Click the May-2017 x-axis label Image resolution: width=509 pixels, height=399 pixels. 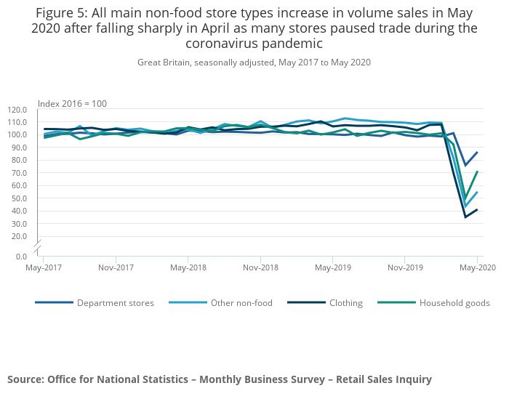pos(44,267)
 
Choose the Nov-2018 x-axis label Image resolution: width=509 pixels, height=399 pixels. pos(260,267)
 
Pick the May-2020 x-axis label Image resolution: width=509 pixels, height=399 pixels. pos(478,267)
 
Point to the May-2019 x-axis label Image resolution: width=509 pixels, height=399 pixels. pos(333,267)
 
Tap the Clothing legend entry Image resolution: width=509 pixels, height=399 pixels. pos(342,303)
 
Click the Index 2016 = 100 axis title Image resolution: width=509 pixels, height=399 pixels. pos(72,104)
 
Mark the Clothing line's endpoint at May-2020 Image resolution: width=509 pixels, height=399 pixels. pos(478,209)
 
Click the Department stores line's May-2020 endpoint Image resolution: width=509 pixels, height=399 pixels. pos(478,152)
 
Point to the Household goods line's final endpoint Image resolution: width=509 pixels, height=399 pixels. pos(478,172)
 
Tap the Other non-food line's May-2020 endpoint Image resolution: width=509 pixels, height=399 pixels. pos(478,192)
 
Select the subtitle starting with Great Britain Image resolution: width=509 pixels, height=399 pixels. pos(254,63)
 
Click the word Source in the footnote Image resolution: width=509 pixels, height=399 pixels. pos(25,379)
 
